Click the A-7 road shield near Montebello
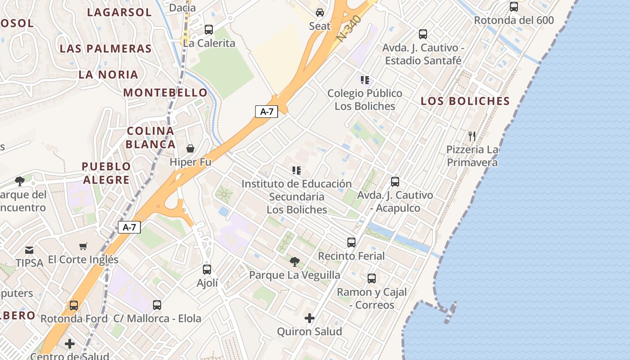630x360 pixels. pos(266,112)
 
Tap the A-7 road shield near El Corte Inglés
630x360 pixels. pos(129,227)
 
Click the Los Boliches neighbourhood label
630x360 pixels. pos(465,101)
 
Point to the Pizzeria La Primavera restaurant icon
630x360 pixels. pos(472,136)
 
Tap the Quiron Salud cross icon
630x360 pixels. pos(310,318)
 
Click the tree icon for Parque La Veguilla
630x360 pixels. pos(295,261)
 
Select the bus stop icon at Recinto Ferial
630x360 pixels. pos(351,243)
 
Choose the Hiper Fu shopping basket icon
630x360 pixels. pos(190,148)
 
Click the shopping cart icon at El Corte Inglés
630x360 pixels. pos(83,246)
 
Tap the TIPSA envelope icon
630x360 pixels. pos(29,250)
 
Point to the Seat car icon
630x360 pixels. pos(320,13)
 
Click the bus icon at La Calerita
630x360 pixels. pos(209,30)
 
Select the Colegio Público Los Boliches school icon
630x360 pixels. pos(365,80)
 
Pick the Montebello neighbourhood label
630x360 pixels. pos(166,93)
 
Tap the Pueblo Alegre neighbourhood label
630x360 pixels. pos(106,173)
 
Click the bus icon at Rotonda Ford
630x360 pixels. pos(74,306)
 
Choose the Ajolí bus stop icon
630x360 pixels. pos(207,270)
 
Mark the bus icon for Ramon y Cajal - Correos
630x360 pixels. pos(372,279)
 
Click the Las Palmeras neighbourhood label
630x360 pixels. pos(106,49)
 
